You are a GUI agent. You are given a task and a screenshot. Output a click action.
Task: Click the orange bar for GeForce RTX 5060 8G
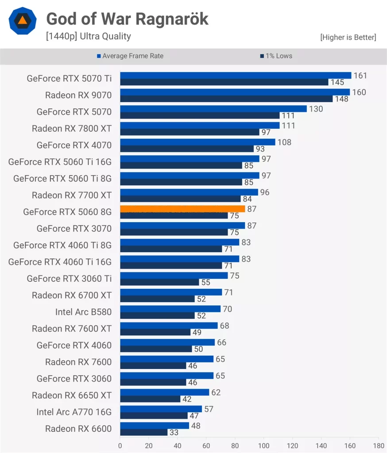coord(182,209)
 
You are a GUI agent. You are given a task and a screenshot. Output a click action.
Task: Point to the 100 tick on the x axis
coord(264,445)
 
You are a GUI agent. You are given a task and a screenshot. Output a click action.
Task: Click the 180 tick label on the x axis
coord(379,445)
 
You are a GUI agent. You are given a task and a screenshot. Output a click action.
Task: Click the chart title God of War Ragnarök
coord(128,19)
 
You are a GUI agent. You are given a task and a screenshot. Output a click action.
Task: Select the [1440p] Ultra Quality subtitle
coord(89,36)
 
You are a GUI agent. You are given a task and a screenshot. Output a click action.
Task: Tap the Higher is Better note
coord(348,37)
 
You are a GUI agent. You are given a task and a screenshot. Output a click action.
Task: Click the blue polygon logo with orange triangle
coord(23,21)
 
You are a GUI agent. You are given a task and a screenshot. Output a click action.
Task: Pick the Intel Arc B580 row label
coord(83,312)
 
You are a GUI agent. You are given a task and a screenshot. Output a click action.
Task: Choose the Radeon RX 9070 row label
coord(78,95)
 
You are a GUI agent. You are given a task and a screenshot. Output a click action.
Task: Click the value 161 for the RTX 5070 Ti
coord(360,76)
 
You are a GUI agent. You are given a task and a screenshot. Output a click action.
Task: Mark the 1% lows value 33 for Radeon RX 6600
coord(174,433)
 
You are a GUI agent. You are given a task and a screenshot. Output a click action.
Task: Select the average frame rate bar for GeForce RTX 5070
coord(213,109)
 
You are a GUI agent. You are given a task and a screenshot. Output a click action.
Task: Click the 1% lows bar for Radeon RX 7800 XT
coord(190,132)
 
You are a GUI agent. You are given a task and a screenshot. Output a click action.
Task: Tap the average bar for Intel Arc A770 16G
coord(161,409)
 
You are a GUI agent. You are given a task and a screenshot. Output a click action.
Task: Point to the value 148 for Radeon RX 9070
coord(341,99)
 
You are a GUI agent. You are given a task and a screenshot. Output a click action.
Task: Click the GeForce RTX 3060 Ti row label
coord(69,278)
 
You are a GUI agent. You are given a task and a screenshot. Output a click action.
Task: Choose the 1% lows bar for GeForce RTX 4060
coord(156,349)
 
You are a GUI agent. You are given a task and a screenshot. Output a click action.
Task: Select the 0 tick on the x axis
coord(120,445)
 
